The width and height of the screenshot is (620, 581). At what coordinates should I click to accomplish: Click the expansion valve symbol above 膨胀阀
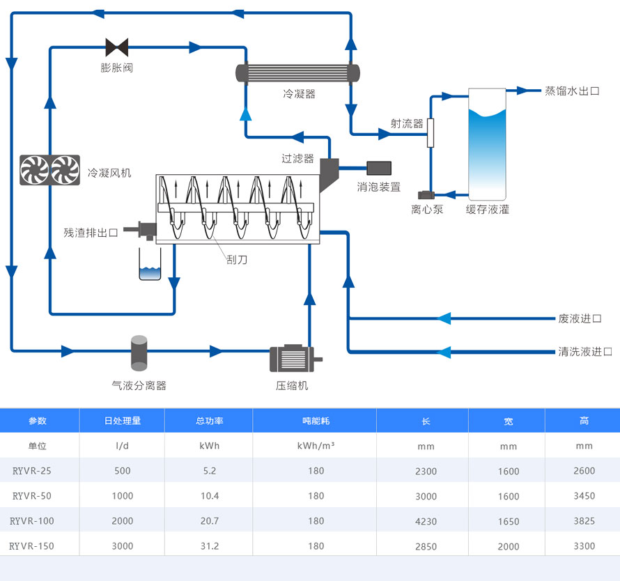click(x=117, y=47)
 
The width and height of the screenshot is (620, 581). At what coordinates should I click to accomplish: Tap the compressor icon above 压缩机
click(x=291, y=359)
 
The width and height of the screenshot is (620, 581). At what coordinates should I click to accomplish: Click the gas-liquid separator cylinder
click(x=139, y=353)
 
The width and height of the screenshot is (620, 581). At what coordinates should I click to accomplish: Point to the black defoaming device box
click(x=379, y=168)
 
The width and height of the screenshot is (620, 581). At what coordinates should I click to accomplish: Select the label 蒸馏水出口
click(x=571, y=91)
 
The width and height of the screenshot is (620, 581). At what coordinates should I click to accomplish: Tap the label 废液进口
click(x=579, y=318)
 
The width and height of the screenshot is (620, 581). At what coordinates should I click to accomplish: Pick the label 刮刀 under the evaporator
click(x=237, y=260)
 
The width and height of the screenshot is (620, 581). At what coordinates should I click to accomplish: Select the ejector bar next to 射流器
click(x=431, y=132)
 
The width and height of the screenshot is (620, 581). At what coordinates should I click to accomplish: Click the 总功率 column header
click(x=210, y=421)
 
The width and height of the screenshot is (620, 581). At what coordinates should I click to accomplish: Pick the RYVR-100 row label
click(x=32, y=520)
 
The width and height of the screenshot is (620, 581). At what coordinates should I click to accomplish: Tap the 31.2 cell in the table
click(x=210, y=545)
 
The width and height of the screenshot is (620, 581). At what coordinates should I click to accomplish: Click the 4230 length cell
click(x=426, y=521)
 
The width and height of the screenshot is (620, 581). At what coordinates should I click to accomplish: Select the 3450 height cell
click(x=584, y=496)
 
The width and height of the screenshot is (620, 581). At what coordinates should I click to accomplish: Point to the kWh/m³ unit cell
click(x=316, y=446)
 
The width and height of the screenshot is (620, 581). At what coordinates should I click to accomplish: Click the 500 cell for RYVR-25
click(x=123, y=471)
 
